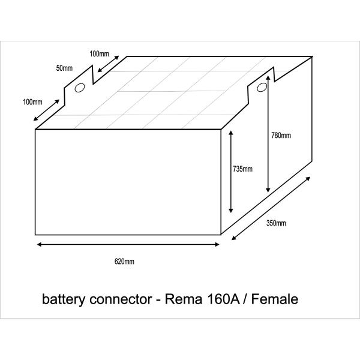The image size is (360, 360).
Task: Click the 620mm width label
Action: pyautogui.click(x=124, y=261)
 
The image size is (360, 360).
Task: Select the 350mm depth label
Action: pyautogui.click(x=276, y=224)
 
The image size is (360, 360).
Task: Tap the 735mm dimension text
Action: pyautogui.click(x=242, y=169)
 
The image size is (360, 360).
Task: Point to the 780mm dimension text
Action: pyautogui.click(x=281, y=136)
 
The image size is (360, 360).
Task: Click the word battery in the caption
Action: pyautogui.click(x=61, y=298)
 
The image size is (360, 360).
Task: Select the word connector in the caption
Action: pyautogui.click(x=118, y=298)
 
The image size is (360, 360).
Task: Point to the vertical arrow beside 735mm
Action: pyautogui.click(x=230, y=172)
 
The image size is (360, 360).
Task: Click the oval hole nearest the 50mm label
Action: pyautogui.click(x=79, y=88)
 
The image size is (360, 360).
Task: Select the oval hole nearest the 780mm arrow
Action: pyautogui.click(x=262, y=88)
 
